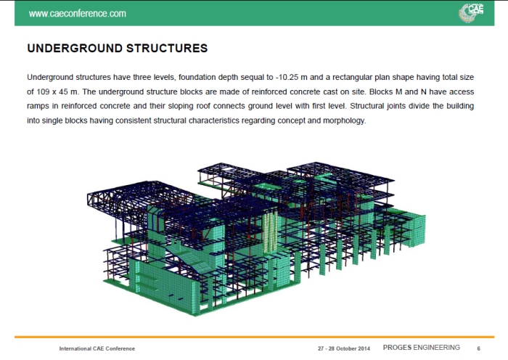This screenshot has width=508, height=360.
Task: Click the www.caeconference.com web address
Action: coord(77,13)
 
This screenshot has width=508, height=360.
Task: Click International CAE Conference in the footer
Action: coord(97,349)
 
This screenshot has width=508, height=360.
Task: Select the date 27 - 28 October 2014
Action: coord(343,349)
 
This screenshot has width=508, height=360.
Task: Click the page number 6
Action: coord(478,349)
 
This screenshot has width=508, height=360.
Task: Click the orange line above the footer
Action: coord(254,337)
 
